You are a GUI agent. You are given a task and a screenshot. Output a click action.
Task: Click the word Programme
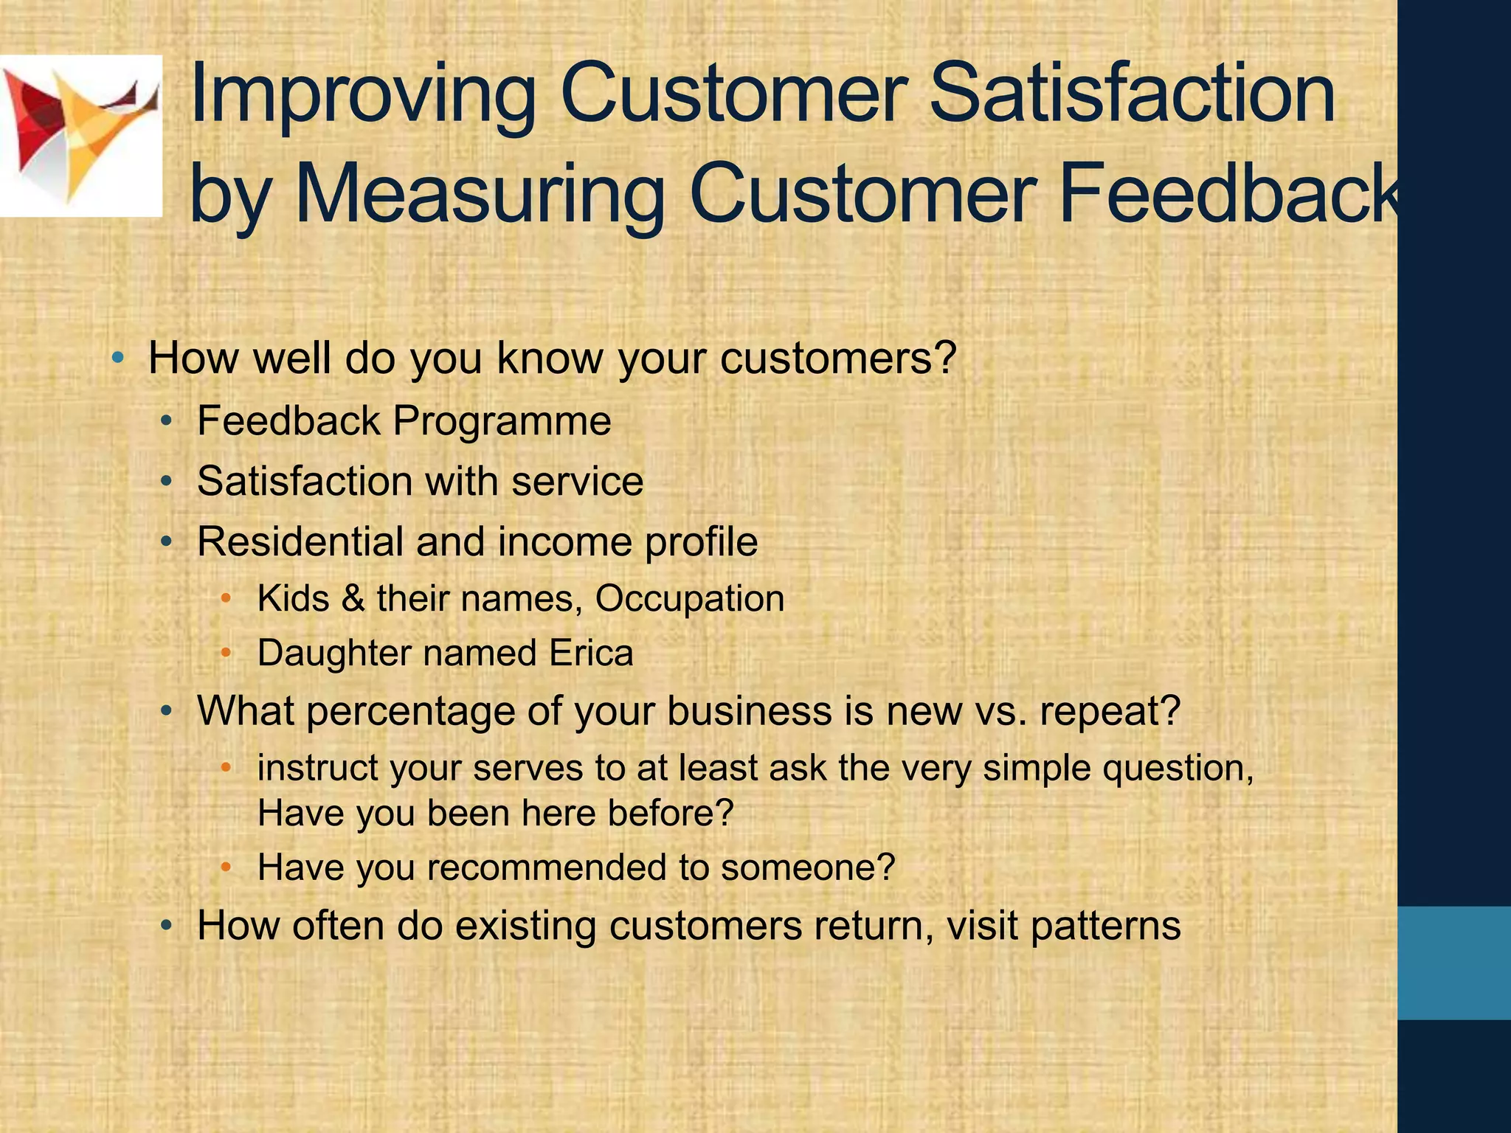[502, 421]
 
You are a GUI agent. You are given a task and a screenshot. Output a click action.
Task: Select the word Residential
[300, 541]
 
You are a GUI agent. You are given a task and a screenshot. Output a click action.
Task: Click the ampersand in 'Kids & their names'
[353, 598]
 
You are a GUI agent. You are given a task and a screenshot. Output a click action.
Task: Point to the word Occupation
[690, 598]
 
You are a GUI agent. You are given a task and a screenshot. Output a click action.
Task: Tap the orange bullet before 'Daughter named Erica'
[227, 653]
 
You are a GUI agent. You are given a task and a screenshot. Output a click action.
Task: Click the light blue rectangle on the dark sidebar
[1453, 963]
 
